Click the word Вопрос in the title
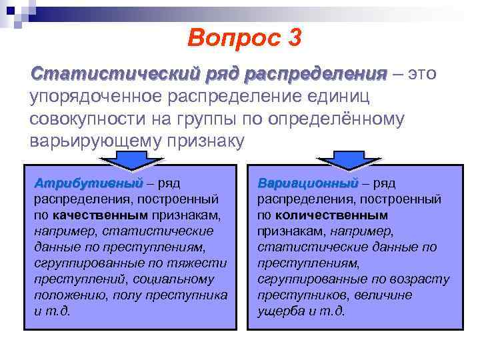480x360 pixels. point(225,38)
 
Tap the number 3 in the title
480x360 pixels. point(293,38)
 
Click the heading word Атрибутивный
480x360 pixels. point(89,183)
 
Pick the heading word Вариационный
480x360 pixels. point(307,183)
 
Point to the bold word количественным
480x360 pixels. point(331,215)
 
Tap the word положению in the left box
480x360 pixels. point(65,295)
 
